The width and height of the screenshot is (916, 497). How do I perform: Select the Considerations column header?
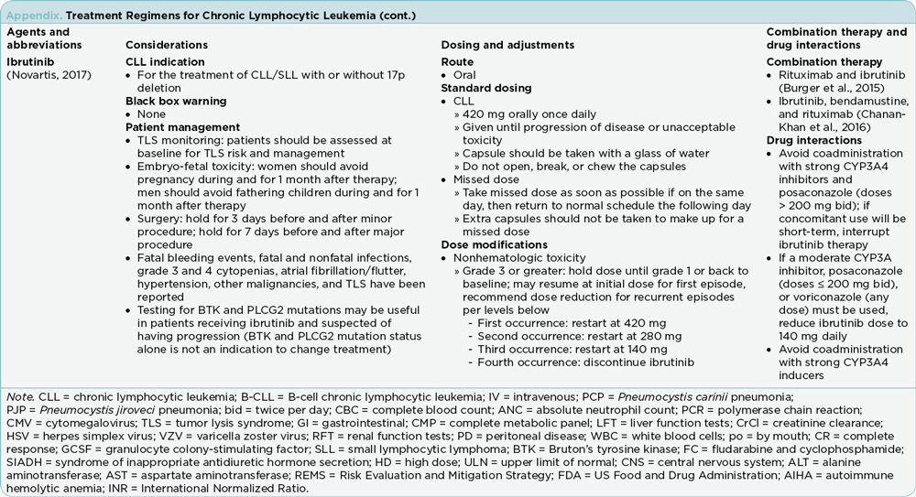coord(166,45)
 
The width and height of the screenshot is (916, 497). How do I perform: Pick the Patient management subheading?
coord(182,127)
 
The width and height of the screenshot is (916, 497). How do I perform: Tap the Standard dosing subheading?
coord(486,88)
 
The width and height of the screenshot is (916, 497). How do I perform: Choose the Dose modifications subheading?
coord(490,245)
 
